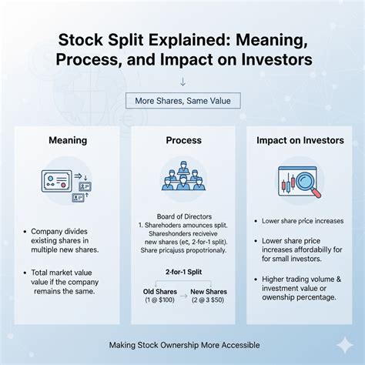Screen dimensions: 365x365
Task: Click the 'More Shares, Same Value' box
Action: click(183, 100)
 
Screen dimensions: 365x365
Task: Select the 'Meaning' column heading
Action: click(68, 141)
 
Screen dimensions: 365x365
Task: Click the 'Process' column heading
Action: click(183, 141)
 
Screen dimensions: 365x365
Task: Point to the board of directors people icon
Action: click(183, 179)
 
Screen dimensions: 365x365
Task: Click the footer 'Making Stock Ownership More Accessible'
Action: click(182, 345)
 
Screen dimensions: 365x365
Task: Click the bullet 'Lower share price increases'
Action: click(303, 221)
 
